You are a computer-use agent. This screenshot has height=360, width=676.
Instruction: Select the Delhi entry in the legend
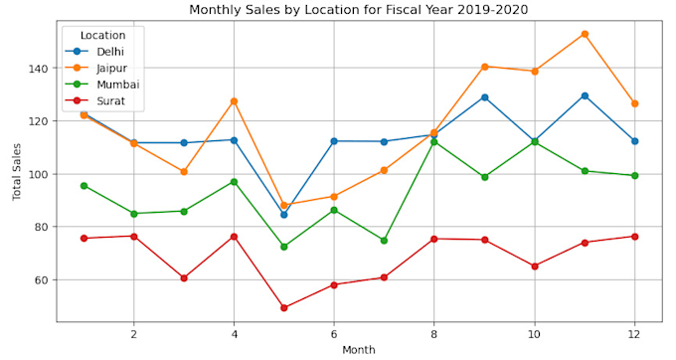[x=110, y=51]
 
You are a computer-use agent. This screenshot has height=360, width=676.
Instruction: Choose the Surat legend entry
[x=110, y=100]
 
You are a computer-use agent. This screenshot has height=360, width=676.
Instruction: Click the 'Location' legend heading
[x=102, y=35]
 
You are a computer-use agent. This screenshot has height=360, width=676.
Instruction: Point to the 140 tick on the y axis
[x=39, y=69]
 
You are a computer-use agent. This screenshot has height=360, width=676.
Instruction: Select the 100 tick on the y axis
[x=39, y=174]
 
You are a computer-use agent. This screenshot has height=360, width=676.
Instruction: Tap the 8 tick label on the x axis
[x=434, y=333]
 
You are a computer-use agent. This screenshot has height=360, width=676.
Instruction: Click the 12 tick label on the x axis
[x=634, y=333]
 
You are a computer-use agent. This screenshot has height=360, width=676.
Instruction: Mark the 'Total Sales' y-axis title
[x=17, y=171]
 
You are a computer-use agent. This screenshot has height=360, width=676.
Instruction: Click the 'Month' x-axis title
[x=359, y=350]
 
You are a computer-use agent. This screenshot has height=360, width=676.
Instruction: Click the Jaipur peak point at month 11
[x=585, y=34]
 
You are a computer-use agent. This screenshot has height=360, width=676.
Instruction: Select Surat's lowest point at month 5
[x=284, y=307]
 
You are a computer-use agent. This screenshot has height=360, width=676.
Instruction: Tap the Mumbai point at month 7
[x=384, y=241]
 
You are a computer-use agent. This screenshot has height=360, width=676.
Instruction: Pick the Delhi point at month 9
[x=484, y=97]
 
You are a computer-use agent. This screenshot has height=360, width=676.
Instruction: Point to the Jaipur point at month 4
[x=234, y=101]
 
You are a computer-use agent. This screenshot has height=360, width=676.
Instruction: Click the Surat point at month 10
[x=535, y=267]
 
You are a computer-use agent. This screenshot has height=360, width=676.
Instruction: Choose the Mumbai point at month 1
[x=84, y=186]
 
